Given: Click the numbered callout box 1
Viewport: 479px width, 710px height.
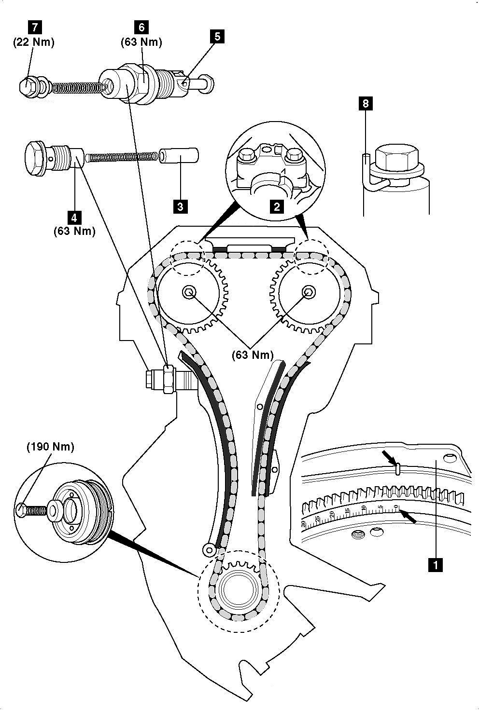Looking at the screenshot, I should tap(436, 564).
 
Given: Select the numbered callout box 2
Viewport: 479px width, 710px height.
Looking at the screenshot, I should tap(276, 207).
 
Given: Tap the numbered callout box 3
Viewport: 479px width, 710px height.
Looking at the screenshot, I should tap(180, 207).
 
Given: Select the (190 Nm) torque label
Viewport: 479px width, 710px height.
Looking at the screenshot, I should tap(50, 447).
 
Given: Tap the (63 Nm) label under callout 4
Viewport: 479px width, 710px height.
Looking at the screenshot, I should tap(74, 231).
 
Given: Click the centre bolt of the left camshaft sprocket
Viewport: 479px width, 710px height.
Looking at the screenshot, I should tap(188, 291).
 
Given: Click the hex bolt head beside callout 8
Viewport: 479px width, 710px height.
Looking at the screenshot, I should tap(394, 155).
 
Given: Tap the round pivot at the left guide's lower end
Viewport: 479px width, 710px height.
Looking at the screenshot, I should tap(209, 548).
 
